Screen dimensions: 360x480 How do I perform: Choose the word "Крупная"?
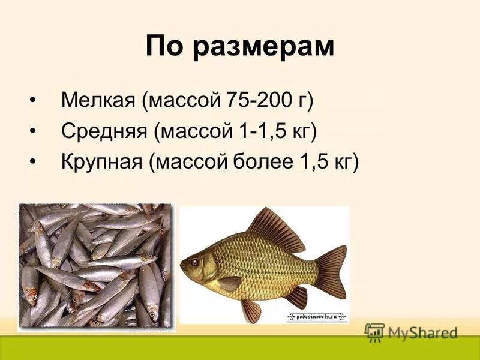(x=103, y=161)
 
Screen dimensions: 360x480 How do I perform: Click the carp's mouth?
(x=182, y=265)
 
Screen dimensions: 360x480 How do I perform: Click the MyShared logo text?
(x=422, y=332)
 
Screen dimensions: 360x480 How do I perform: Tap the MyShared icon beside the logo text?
(x=374, y=331)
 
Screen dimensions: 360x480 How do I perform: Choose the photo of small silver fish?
(x=95, y=265)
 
